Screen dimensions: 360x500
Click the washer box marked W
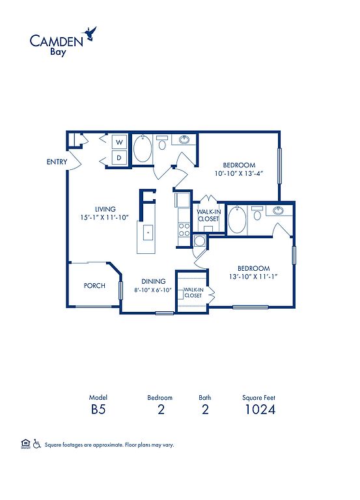[x=119, y=142]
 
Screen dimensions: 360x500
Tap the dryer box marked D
[x=119, y=157]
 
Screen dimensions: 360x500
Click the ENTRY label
[x=57, y=161]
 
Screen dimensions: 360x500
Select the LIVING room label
[x=105, y=209]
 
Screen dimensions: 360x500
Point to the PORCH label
[x=94, y=285]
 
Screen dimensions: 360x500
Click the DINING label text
[x=154, y=281]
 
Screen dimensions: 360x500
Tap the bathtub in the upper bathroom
[x=142, y=149]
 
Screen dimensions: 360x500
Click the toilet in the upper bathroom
[x=162, y=143]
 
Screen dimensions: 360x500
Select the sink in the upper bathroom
[x=184, y=140]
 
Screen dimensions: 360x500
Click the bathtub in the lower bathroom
[x=237, y=219]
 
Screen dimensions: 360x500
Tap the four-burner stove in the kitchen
[x=184, y=230]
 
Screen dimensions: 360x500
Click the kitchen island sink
[x=148, y=233]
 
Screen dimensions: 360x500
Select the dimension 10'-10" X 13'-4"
[x=239, y=173]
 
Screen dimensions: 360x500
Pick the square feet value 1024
[x=260, y=409]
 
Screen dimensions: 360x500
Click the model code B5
[x=98, y=409]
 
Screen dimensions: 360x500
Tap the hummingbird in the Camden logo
[x=90, y=33]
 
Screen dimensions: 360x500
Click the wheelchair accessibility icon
[x=37, y=444]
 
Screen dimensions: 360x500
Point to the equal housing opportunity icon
[x=25, y=444]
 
